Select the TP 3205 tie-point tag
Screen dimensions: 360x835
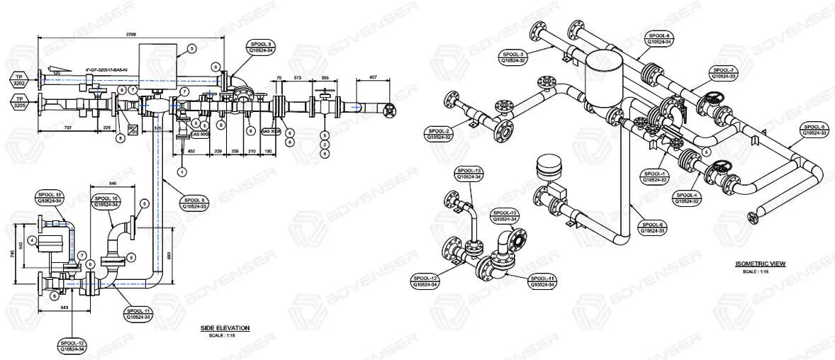(20, 101)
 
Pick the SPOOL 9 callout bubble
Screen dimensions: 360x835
(262, 47)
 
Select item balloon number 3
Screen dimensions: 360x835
(191, 49)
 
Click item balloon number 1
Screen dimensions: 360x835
(181, 171)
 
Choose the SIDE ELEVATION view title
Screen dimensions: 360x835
(225, 327)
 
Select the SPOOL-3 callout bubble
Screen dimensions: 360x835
(512, 57)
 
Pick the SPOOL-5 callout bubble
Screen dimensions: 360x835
(814, 130)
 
